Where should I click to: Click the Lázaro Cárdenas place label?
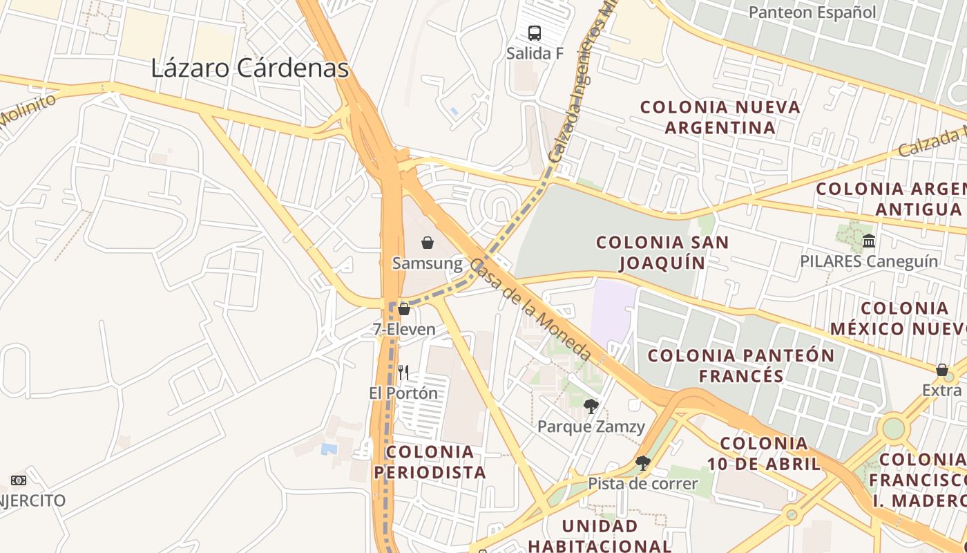(x=249, y=68)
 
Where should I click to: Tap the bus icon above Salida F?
(x=535, y=32)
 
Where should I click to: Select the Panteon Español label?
(x=812, y=12)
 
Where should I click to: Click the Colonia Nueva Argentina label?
(x=720, y=117)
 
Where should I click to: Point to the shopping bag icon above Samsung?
(x=428, y=243)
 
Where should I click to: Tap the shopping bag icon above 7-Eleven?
(x=404, y=309)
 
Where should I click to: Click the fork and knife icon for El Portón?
(x=403, y=373)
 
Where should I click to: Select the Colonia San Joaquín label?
(x=662, y=252)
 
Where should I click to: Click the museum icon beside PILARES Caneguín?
(x=869, y=241)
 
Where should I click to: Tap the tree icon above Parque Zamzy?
(x=591, y=406)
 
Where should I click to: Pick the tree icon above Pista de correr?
(x=642, y=463)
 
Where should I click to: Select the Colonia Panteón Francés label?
(x=740, y=365)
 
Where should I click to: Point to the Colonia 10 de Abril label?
(x=763, y=453)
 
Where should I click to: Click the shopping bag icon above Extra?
(x=941, y=371)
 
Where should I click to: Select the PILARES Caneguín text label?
(x=869, y=261)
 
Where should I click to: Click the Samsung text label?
(x=428, y=263)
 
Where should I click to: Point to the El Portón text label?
(x=403, y=393)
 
